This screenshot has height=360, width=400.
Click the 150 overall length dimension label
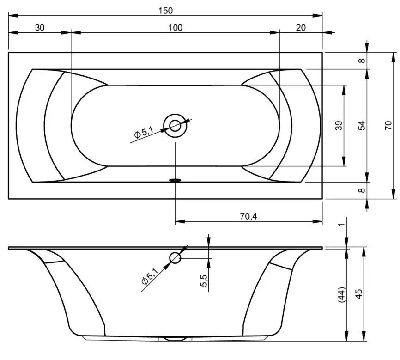click(x=165, y=11)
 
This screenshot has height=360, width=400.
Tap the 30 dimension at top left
click(x=40, y=28)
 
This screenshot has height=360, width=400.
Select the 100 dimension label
click(x=175, y=28)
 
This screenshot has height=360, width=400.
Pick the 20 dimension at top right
click(x=301, y=28)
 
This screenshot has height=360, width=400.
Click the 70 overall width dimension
click(x=388, y=125)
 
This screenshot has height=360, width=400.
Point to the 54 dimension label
click(x=362, y=126)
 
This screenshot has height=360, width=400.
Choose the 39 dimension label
click(x=339, y=126)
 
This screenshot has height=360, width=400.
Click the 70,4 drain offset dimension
click(x=248, y=216)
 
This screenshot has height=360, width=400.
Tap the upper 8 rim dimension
click(x=362, y=61)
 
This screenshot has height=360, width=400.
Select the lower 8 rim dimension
click(x=362, y=190)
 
